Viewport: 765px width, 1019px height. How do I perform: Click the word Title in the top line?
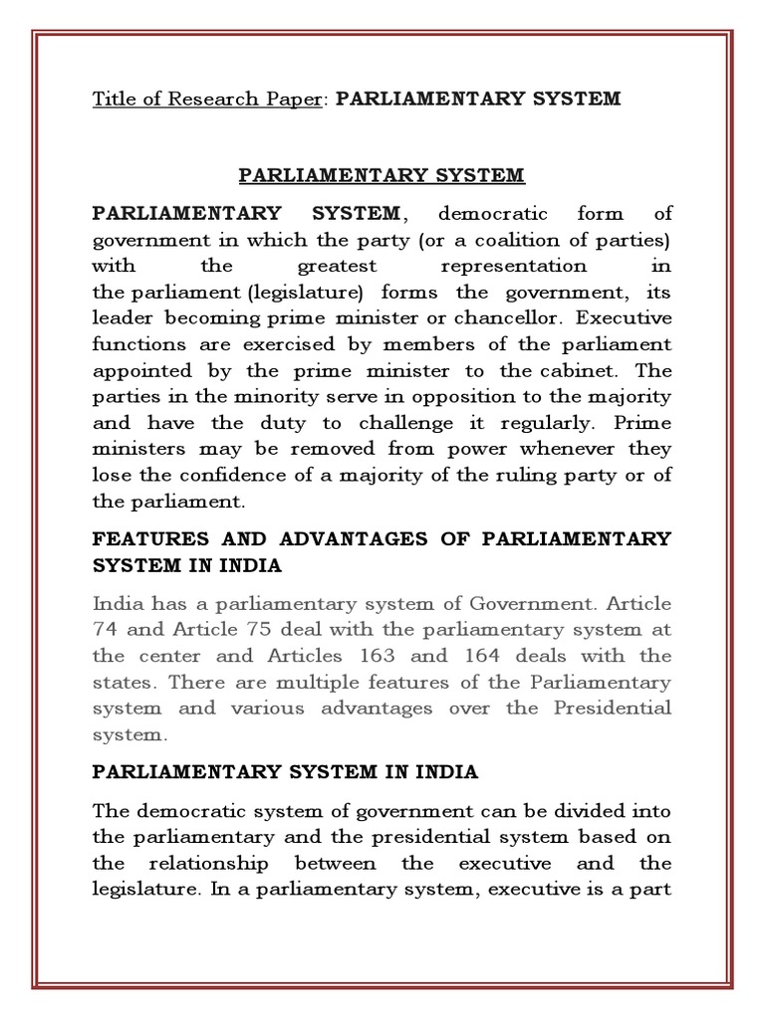114,99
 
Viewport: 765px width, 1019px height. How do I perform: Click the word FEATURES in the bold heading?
151,538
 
